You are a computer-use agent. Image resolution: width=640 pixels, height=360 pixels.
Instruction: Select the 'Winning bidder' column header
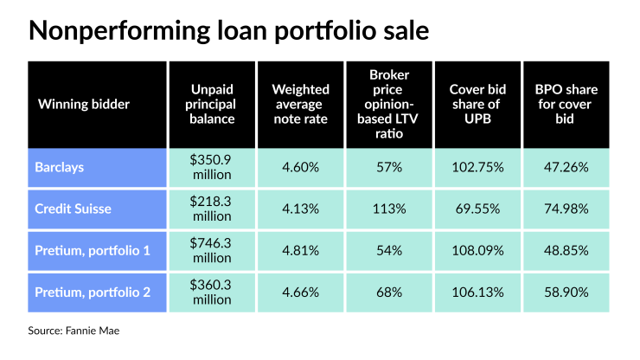pos(83,104)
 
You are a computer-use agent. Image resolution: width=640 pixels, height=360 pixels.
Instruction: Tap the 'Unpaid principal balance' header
pos(212,104)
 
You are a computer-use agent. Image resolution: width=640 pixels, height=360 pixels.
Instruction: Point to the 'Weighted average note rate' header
pos(300,104)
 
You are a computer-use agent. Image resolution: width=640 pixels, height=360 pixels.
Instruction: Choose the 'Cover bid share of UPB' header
pos(477,104)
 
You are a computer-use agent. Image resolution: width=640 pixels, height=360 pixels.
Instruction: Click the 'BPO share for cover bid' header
pos(565,104)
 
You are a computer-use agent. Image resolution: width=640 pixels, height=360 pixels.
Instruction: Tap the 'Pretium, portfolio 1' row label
pos(93,250)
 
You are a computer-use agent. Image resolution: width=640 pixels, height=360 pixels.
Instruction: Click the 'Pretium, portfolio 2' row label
pos(93,292)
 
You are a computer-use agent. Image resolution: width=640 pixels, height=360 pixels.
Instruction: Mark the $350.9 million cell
pos(212,167)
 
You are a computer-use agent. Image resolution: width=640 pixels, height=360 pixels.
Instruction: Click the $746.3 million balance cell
pos(212,250)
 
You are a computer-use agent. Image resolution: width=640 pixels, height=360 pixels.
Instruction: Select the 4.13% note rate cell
pos(300,209)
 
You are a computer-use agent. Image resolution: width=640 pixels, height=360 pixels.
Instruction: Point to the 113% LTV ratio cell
pos(388,209)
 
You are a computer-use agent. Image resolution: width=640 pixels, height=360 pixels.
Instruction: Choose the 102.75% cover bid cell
pos(477,167)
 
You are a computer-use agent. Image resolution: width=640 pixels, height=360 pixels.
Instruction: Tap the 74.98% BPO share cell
pos(565,209)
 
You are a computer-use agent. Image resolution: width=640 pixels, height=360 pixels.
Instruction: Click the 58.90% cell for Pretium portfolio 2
pos(565,292)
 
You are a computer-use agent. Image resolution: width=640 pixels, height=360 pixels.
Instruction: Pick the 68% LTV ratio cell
pos(388,292)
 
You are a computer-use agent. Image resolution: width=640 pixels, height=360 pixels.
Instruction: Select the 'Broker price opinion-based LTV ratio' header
pos(388,104)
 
